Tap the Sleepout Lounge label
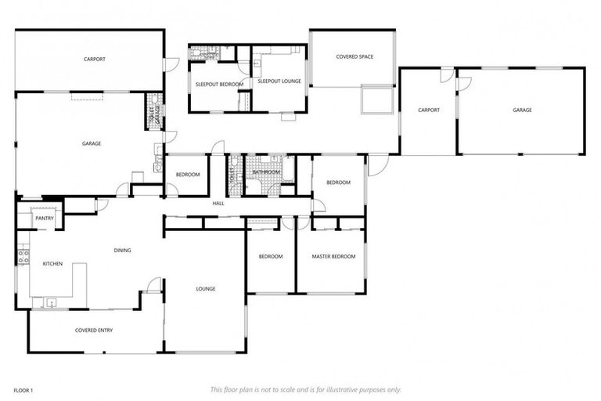(279, 81)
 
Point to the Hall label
(218, 204)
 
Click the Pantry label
(44, 219)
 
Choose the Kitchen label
(52, 264)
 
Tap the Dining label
(122, 251)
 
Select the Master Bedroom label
(333, 256)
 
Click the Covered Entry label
(93, 331)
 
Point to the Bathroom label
(266, 172)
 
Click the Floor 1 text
(23, 389)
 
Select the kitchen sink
(52, 302)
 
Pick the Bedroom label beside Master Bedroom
(271, 256)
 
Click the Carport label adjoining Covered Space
(428, 110)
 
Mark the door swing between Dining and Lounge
(153, 285)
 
